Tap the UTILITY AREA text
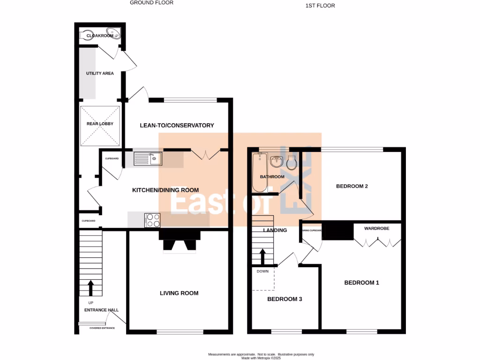coord(99,74)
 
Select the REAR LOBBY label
coord(100,124)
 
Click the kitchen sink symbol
coord(148,159)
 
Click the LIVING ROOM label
coord(179,293)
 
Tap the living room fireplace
coord(180,241)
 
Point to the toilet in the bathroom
coord(292,163)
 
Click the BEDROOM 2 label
coord(352,186)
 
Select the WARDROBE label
coord(377,229)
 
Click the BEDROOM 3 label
coord(285,299)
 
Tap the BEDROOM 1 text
coord(361,283)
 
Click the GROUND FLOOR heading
coord(151,3)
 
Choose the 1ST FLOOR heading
coord(320,6)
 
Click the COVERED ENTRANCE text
coord(102,328)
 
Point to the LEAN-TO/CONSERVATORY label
coord(177,125)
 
